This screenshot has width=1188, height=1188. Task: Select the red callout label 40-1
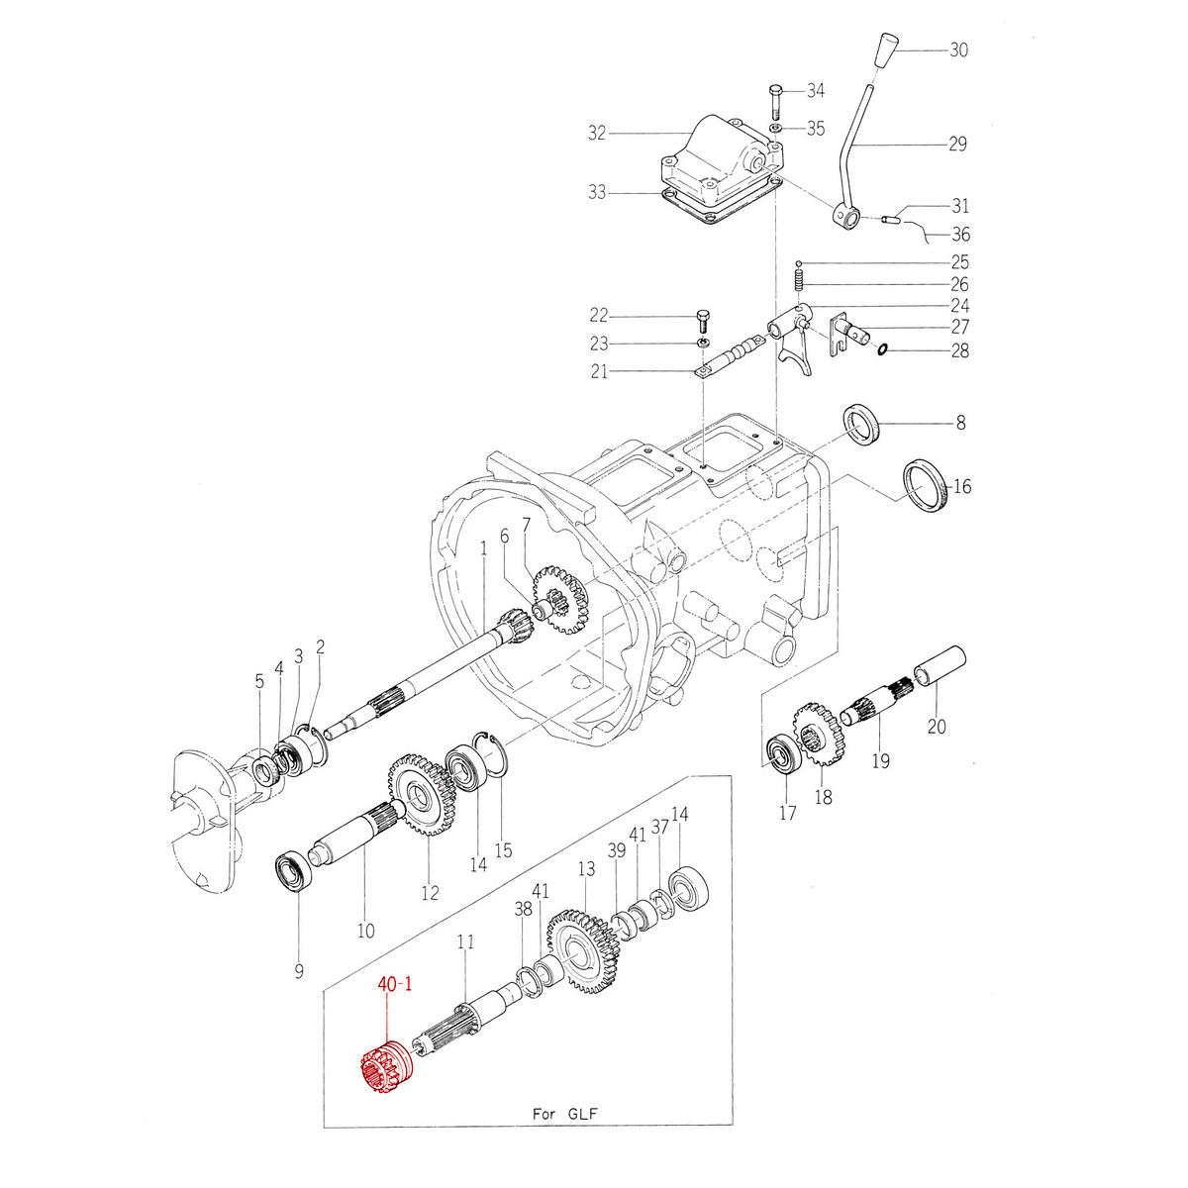point(393,985)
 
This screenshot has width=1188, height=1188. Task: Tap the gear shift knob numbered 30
point(887,51)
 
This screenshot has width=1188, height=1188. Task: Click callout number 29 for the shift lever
point(956,145)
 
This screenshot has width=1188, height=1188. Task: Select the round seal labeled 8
point(860,425)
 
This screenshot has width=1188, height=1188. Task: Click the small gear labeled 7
point(556,599)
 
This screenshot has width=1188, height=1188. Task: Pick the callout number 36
point(960,235)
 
